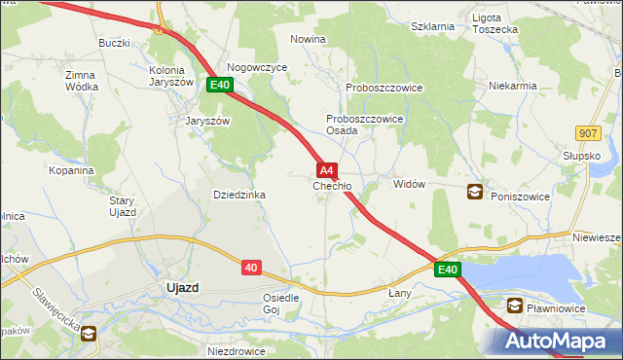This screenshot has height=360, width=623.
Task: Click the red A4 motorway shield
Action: point(328,168)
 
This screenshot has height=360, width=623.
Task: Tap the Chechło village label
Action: point(331,185)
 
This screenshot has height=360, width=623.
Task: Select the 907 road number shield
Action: point(586,133)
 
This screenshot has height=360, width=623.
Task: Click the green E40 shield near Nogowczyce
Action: point(219,86)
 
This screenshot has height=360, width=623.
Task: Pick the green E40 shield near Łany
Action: point(447,269)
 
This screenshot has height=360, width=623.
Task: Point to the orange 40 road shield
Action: point(251,267)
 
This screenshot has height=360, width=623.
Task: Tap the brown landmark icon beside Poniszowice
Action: point(474,192)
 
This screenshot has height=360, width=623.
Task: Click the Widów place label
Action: point(409,184)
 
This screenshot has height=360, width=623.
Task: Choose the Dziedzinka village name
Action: point(239,195)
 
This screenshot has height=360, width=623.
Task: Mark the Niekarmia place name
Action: point(513,86)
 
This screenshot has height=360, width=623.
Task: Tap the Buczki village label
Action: point(114,44)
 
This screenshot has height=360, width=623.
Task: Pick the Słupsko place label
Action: point(581,156)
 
